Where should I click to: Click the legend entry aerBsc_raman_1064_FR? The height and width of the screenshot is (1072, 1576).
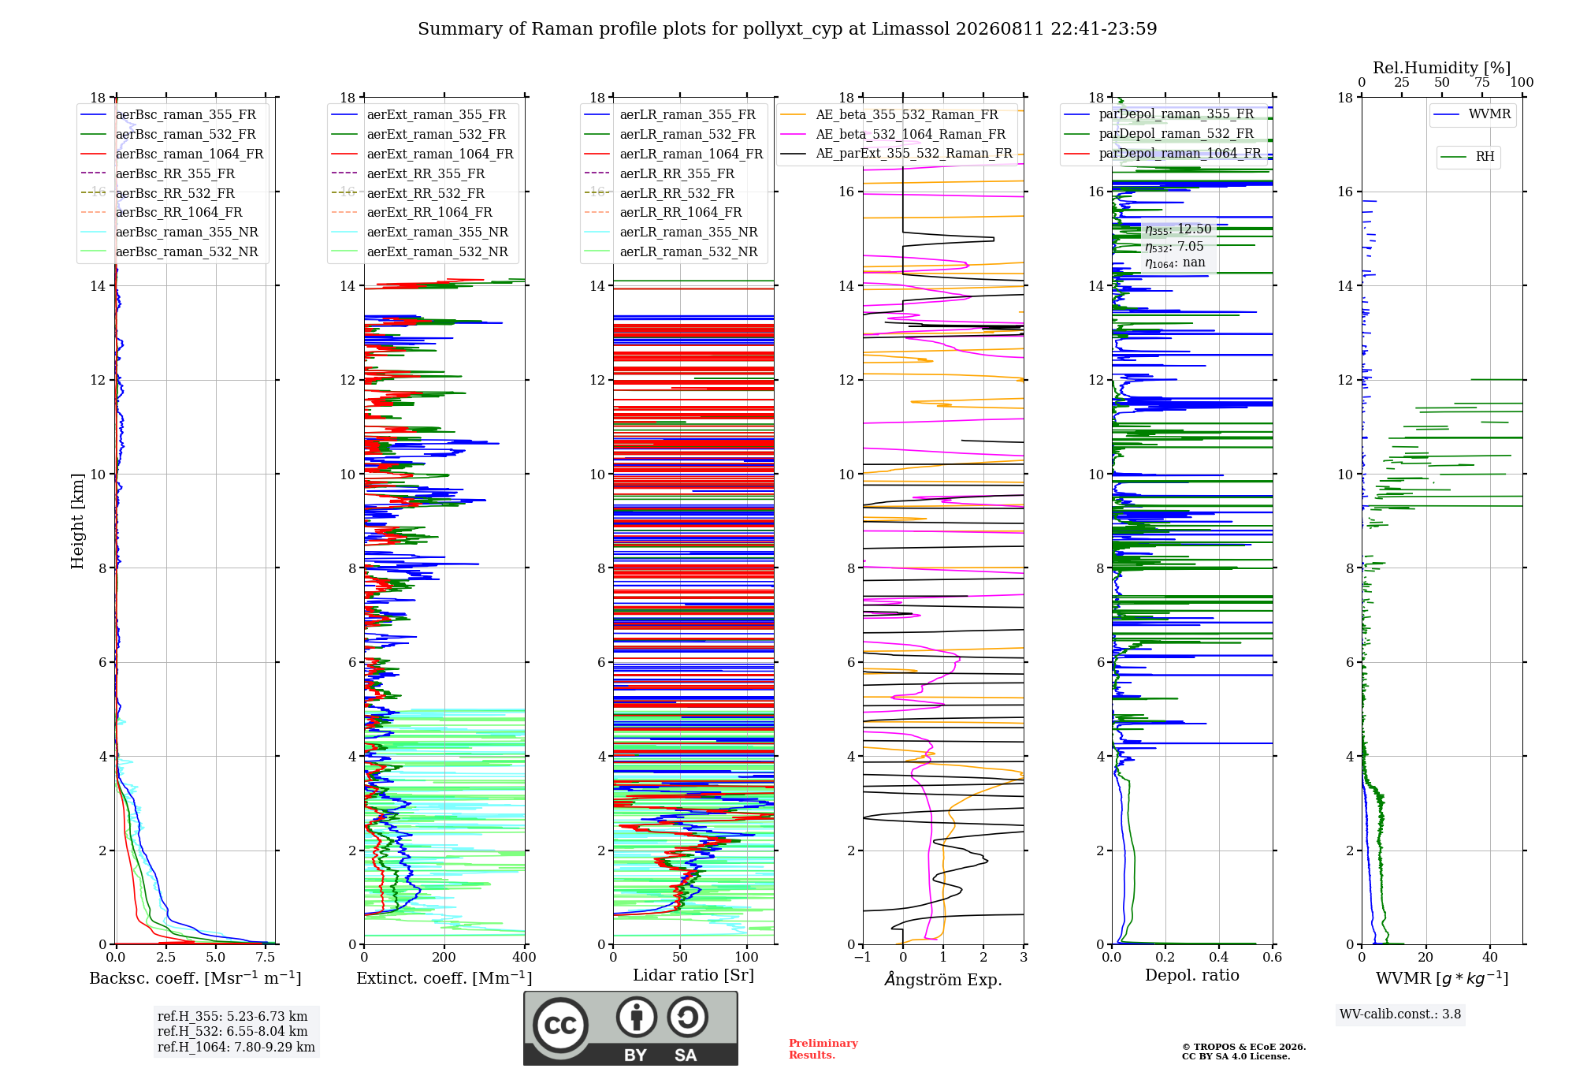pyautogui.click(x=172, y=154)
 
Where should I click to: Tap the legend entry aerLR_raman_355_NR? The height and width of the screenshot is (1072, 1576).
pyautogui.click(x=671, y=232)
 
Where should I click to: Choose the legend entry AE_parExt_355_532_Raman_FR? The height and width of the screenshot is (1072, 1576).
pyautogui.click(x=896, y=153)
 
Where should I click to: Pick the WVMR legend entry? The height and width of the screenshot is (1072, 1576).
pyautogui.click(x=1473, y=114)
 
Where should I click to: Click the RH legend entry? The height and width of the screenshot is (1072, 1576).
pyautogui.click(x=1468, y=157)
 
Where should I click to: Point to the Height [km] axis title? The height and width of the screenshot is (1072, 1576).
pyautogui.click(x=77, y=521)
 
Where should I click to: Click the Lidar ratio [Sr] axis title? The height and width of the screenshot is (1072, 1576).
pyautogui.click(x=693, y=975)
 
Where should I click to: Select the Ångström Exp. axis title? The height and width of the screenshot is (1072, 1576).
pyautogui.click(x=943, y=979)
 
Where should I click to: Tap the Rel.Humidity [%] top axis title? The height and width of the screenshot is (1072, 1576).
pyautogui.click(x=1442, y=68)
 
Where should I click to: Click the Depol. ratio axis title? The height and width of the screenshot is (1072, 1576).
pyautogui.click(x=1192, y=975)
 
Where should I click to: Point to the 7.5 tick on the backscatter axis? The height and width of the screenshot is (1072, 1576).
pyautogui.click(x=266, y=957)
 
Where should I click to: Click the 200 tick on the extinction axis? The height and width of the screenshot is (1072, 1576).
pyautogui.click(x=444, y=957)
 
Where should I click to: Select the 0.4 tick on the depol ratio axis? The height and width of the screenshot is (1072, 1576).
pyautogui.click(x=1219, y=957)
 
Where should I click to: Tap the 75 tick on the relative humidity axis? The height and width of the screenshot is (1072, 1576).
pyautogui.click(x=1482, y=82)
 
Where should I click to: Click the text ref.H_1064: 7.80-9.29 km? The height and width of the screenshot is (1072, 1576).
pyautogui.click(x=236, y=1047)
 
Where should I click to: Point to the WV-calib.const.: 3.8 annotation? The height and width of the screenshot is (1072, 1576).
pyautogui.click(x=1400, y=1014)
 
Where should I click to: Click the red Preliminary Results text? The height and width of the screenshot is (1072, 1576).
pyautogui.click(x=823, y=1049)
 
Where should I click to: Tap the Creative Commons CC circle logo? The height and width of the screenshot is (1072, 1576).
pyautogui.click(x=560, y=1025)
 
